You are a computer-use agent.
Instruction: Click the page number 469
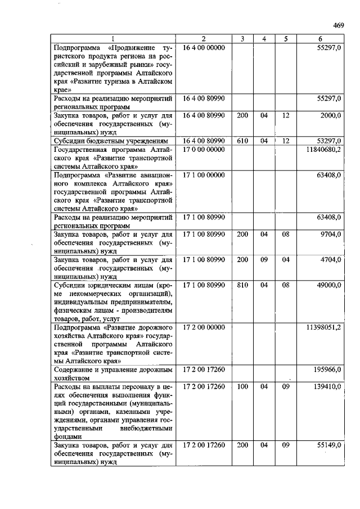(338, 25)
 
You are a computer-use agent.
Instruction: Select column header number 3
(242, 39)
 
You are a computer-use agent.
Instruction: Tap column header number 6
(320, 39)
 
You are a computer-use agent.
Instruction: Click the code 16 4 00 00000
(203, 48)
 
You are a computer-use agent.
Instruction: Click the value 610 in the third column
(242, 141)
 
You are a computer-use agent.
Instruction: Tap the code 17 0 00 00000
(203, 150)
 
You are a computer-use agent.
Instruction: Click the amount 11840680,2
(323, 150)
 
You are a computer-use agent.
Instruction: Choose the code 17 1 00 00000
(203, 175)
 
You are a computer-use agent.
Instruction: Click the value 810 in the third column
(242, 285)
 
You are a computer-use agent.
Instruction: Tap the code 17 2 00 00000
(203, 327)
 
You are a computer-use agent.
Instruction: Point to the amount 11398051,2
(323, 327)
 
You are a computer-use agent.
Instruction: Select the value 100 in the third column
(242, 386)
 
